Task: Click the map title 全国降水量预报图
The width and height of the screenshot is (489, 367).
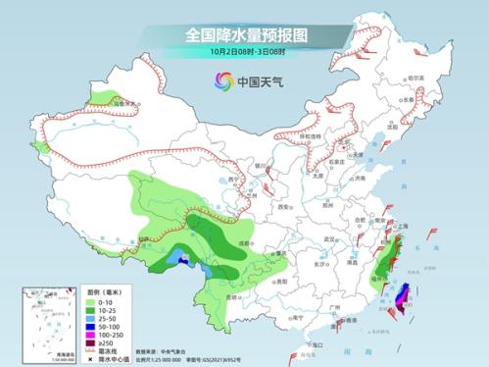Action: click(x=244, y=33)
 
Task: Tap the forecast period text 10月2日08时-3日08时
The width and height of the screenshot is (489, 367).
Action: click(x=244, y=52)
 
